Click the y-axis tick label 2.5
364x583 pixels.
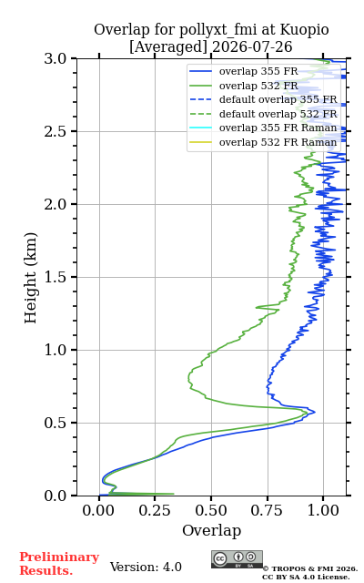(x=56, y=131)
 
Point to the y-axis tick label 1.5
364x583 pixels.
(x=56, y=277)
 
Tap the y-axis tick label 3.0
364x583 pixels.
(x=56, y=58)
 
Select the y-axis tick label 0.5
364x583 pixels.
(x=56, y=423)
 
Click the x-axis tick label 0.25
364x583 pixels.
(x=155, y=510)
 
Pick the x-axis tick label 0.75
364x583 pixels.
(x=267, y=510)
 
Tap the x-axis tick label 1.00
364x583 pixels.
(x=323, y=510)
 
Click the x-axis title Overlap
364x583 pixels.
(x=212, y=530)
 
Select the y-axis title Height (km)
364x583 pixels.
(x=30, y=278)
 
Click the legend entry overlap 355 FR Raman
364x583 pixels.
(x=278, y=128)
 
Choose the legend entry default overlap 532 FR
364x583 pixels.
(x=278, y=114)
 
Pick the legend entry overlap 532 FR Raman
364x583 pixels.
(x=278, y=142)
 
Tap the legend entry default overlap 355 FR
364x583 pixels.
(x=278, y=99)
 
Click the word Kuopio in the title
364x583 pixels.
(x=304, y=30)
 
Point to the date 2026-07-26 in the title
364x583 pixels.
(x=252, y=46)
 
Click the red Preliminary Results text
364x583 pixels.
(x=59, y=564)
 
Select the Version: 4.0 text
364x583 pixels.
(x=146, y=567)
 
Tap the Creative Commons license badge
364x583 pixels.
(x=237, y=559)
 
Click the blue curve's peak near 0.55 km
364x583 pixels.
(x=315, y=412)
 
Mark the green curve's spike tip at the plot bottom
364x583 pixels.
(x=174, y=494)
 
